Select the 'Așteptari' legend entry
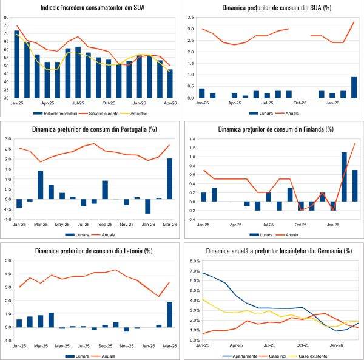(x=149, y=112)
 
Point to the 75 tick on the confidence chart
(x=7, y=27)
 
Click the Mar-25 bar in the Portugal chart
(x=41, y=185)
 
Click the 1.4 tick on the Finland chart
(x=190, y=139)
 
